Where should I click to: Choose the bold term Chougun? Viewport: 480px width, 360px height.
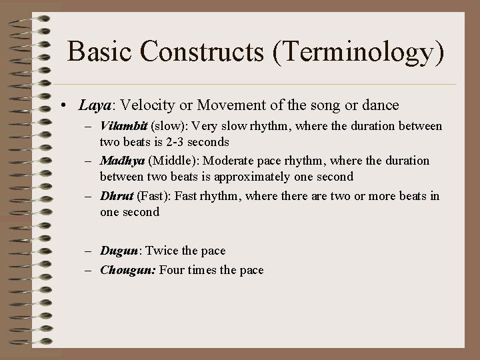(127, 270)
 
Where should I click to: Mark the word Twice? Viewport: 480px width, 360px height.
(161, 251)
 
